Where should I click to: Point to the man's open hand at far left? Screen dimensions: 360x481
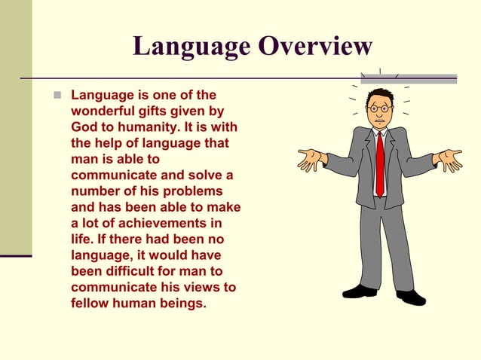pyautogui.click(x=308, y=158)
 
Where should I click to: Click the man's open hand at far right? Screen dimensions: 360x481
pyautogui.click(x=450, y=160)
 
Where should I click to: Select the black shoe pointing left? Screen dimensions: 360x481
pyautogui.click(x=359, y=291)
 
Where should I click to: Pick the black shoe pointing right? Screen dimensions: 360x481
pyautogui.click(x=411, y=297)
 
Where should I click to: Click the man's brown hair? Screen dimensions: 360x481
pyautogui.click(x=381, y=95)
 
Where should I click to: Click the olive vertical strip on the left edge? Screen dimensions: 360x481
pyautogui.click(x=16, y=128)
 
